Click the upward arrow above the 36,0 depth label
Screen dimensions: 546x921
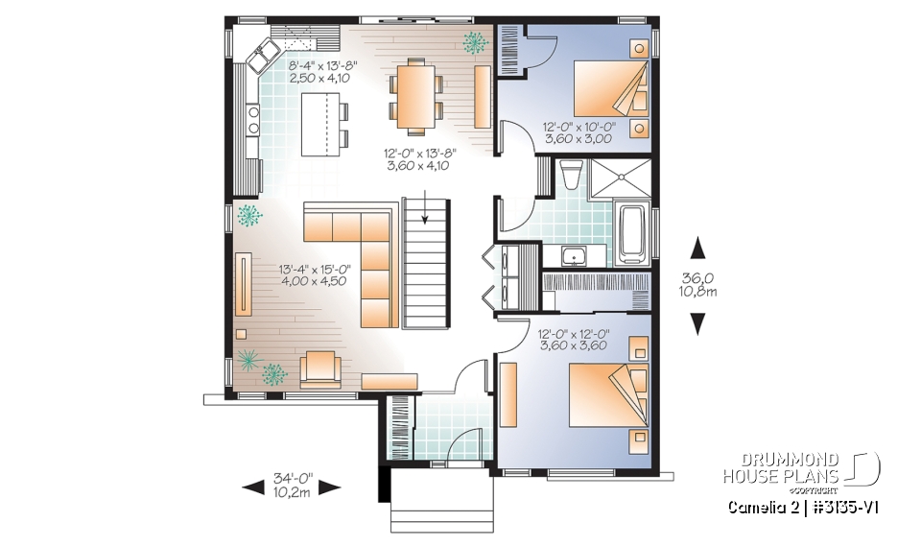698,248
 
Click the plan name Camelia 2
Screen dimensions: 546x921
762,508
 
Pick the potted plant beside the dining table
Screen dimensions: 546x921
474,41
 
